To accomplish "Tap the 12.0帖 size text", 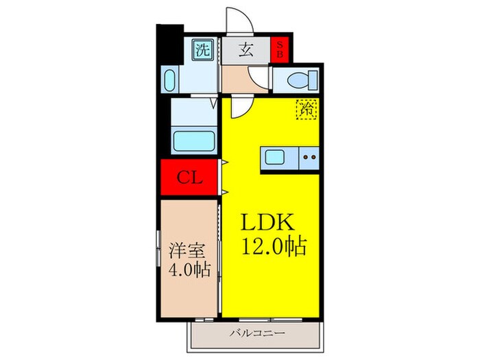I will [273, 245].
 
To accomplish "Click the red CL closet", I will [190, 178].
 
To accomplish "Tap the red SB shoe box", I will [279, 49].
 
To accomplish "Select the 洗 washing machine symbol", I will [202, 49].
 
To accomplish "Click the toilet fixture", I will [297, 80].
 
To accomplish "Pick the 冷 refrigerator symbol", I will [305, 108].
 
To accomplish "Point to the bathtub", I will [195, 143].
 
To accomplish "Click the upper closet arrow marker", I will [224, 163].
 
